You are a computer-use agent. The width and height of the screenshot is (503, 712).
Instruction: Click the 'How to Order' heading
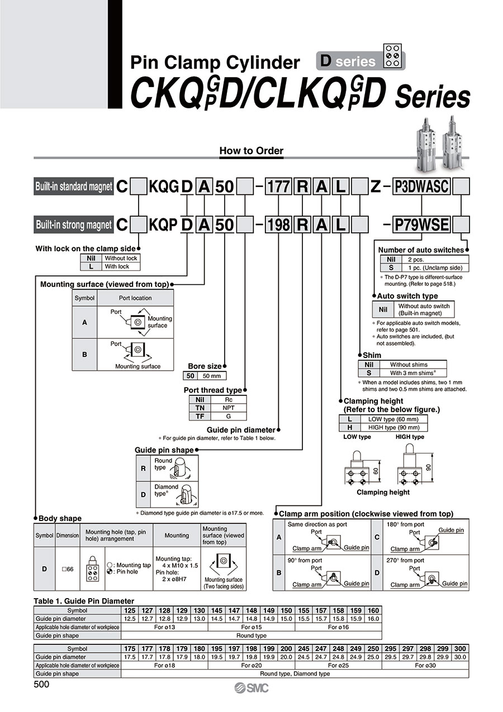tap(251, 150)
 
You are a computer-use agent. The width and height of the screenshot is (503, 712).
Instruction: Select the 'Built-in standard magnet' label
tap(73, 187)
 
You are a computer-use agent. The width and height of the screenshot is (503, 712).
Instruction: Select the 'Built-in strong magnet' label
tap(73, 224)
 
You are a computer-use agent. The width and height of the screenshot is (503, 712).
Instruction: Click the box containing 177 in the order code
tap(278, 187)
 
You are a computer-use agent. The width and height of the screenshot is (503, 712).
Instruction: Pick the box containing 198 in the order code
tap(278, 224)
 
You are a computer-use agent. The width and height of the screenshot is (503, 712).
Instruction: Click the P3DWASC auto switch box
tap(421, 187)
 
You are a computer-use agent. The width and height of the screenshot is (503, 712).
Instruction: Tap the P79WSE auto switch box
tap(421, 224)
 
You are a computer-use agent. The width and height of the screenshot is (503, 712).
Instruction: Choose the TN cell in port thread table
tap(200, 408)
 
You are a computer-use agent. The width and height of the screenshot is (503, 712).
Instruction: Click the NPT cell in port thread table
tap(228, 408)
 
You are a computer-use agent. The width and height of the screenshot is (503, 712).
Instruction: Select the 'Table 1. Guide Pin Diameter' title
tap(76, 601)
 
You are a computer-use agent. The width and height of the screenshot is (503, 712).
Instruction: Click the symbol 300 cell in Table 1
tap(461, 649)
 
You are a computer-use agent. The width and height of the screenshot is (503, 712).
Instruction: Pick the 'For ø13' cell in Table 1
tap(165, 627)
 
